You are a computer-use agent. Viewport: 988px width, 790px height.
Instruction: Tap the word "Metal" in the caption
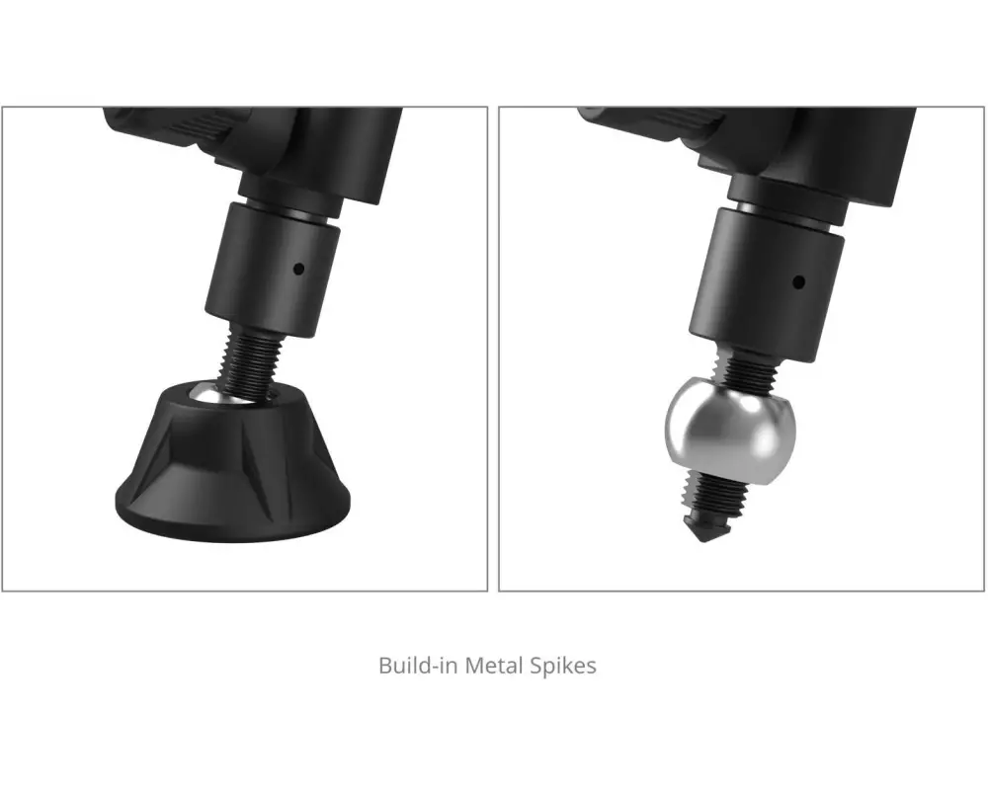tap(493, 666)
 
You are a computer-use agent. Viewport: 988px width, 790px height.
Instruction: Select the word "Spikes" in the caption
tap(563, 667)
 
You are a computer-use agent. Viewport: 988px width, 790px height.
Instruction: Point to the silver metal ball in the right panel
tap(730, 431)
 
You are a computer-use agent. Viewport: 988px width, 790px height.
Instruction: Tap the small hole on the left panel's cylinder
tap(299, 269)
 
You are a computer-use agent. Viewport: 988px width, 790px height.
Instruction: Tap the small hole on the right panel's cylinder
tap(798, 281)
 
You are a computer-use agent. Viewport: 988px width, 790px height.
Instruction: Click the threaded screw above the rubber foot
tap(250, 363)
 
